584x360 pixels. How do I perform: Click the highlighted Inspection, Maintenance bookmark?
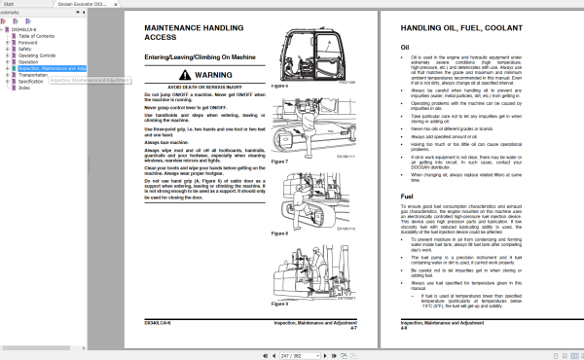53,69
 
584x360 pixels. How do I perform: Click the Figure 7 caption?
280,162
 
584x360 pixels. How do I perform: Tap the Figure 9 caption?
280,304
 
